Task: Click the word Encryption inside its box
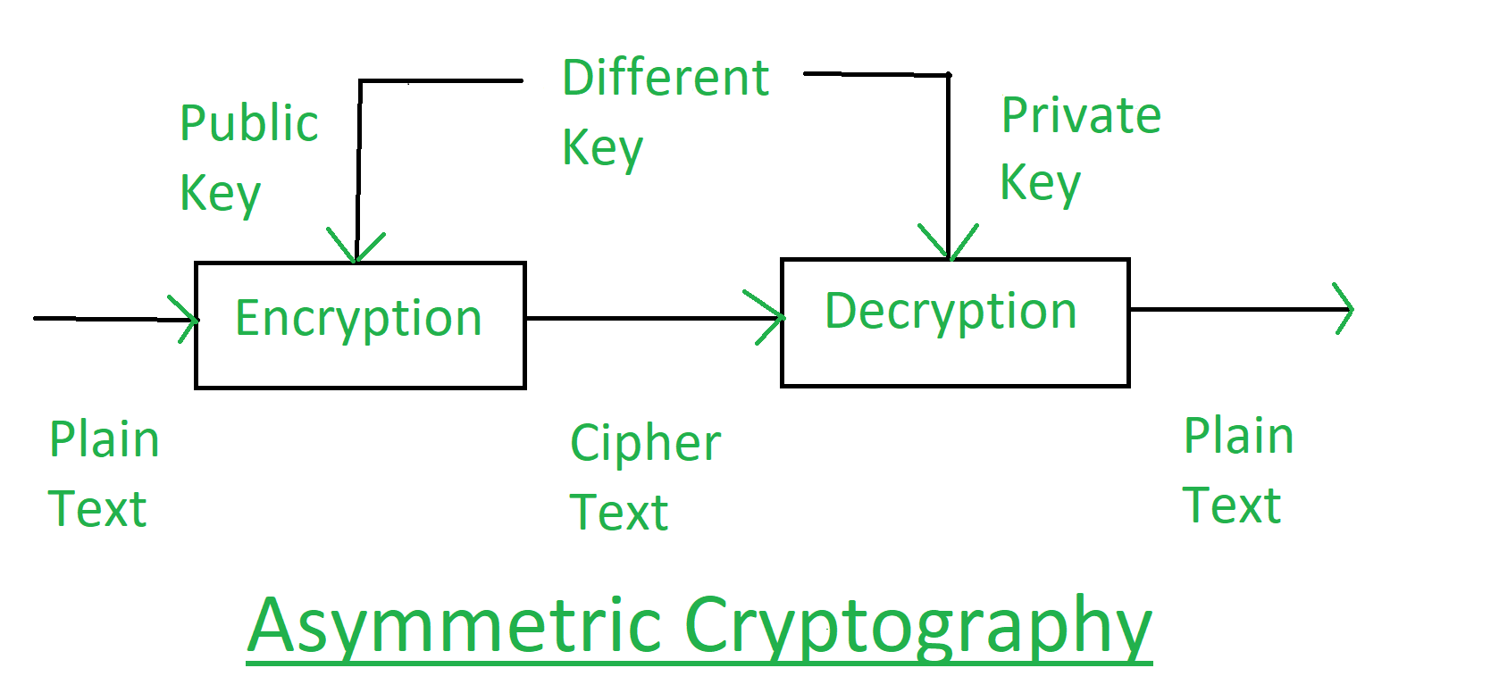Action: pyautogui.click(x=358, y=320)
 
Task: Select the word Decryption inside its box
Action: pyautogui.click(x=950, y=313)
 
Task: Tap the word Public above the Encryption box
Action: pyautogui.click(x=248, y=123)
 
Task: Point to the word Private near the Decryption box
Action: pyautogui.click(x=1081, y=116)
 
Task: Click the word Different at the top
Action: pyautogui.click(x=666, y=78)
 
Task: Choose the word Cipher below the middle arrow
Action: pyautogui.click(x=645, y=444)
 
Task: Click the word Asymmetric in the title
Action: pyautogui.click(x=454, y=626)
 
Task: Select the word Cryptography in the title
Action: pyautogui.click(x=918, y=626)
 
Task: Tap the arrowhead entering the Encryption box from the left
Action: pyautogui.click(x=189, y=319)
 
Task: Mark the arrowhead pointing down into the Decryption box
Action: pyautogui.click(x=949, y=244)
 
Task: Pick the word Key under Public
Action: pyautogui.click(x=220, y=194)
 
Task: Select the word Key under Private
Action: pyautogui.click(x=1040, y=184)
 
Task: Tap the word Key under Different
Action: pyautogui.click(x=602, y=148)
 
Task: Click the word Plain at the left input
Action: pyautogui.click(x=105, y=440)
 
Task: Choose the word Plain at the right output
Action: pyautogui.click(x=1238, y=437)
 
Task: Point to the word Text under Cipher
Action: pyautogui.click(x=618, y=513)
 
